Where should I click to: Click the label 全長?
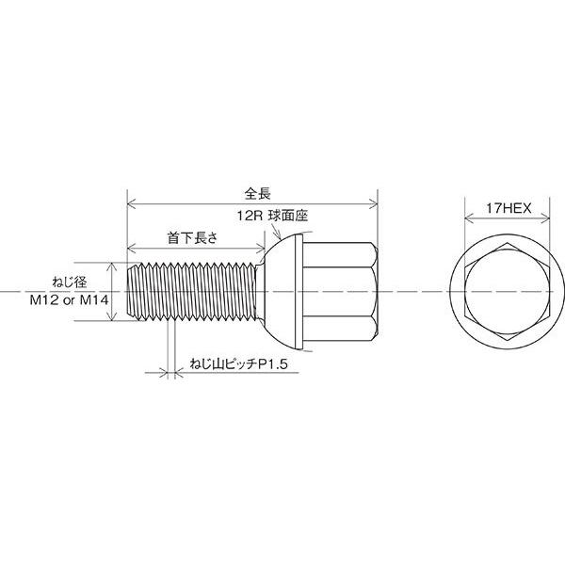pyautogui.click(x=257, y=194)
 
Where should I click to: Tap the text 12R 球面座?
pyautogui.click(x=272, y=217)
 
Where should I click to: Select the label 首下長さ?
pyautogui.click(x=193, y=238)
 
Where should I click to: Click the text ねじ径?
pyautogui.click(x=70, y=282)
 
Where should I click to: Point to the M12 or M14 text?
pyautogui.click(x=69, y=299)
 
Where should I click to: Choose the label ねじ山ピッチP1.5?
pyautogui.click(x=238, y=364)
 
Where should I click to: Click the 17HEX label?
pyautogui.click(x=508, y=208)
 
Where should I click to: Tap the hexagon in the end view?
pyautogui.click(x=507, y=243)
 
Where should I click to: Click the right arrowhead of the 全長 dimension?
pyautogui.click(x=373, y=204)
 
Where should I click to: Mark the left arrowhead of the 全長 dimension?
pyautogui.click(x=132, y=204)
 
